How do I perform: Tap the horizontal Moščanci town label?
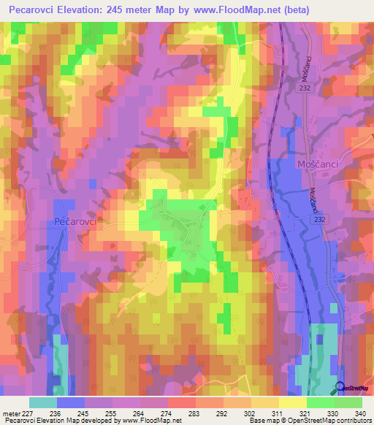[x=317, y=164]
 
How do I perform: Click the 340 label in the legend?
[x=361, y=413]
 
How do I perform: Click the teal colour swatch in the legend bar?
[x=42, y=402]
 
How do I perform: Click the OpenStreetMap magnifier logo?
[x=340, y=388]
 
